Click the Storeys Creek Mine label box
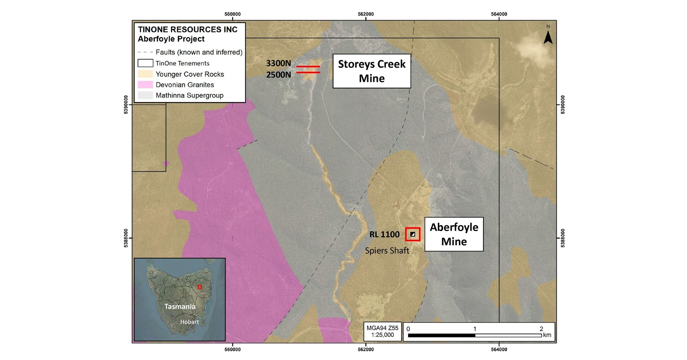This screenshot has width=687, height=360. click(372, 71)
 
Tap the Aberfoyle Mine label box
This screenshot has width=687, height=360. click(454, 234)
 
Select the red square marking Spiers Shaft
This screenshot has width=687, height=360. click(413, 234)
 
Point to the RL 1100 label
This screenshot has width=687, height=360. click(384, 234)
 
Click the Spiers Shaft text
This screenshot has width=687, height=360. click(387, 250)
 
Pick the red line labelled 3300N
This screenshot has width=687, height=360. click(308, 66)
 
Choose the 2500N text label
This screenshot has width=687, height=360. click(279, 75)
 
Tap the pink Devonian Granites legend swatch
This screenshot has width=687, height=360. click(145, 85)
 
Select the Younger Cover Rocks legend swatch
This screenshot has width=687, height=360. click(145, 74)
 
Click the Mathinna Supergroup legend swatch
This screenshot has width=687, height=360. click(145, 95)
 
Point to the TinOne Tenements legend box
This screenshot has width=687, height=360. click(145, 63)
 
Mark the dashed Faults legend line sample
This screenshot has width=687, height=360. click(145, 52)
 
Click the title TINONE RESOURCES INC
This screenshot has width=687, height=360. click(187, 30)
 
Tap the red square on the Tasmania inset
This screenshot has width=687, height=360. click(199, 287)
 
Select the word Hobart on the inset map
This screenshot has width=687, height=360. click(190, 322)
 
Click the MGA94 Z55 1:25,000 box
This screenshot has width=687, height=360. click(382, 331)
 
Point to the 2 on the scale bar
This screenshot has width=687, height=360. click(541, 329)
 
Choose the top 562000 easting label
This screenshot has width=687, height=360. click(366, 14)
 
